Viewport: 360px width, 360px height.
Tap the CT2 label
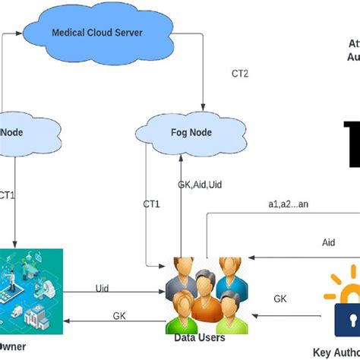click(240, 74)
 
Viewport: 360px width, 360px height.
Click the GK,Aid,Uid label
click(200, 185)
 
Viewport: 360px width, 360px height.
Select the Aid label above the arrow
click(328, 242)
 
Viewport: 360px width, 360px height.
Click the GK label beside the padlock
click(280, 298)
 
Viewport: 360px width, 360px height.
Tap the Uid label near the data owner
click(102, 288)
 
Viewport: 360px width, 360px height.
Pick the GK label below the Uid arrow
click(119, 315)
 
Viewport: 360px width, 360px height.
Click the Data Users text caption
click(201, 337)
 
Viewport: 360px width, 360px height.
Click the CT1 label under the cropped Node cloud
click(7, 195)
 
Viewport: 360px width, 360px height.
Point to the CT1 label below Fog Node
click(152, 204)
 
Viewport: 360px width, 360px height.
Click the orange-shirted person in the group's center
click(204, 304)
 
